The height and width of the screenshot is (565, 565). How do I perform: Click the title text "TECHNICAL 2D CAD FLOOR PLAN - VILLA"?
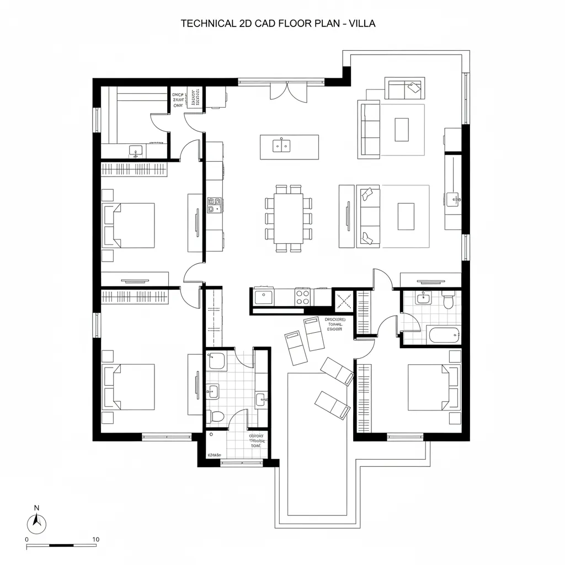click(x=278, y=24)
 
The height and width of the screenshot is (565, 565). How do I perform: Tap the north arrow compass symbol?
click(x=37, y=522)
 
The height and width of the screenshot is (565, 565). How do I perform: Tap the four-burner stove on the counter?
click(x=302, y=297)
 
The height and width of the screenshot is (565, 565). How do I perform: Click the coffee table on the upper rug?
click(x=402, y=130)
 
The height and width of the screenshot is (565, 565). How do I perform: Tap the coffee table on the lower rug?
click(x=406, y=216)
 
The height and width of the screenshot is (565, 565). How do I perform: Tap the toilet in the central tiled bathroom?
click(x=217, y=417)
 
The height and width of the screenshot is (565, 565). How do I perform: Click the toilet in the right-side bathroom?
click(x=448, y=301)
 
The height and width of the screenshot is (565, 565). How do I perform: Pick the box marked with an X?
click(x=344, y=301)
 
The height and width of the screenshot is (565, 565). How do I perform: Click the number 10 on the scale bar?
click(x=95, y=539)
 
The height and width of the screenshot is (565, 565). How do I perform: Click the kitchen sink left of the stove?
click(x=263, y=297)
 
